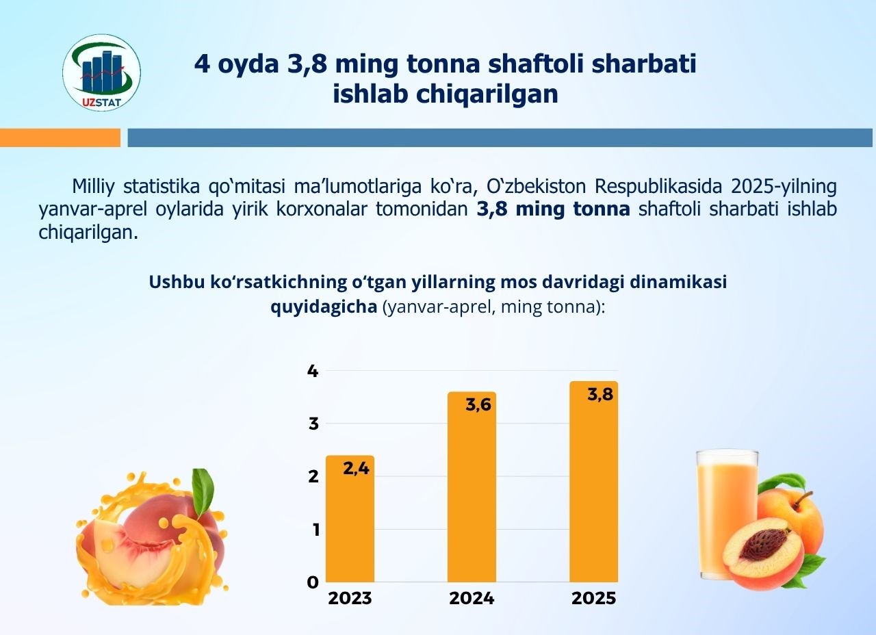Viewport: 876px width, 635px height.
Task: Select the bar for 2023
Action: (350, 527)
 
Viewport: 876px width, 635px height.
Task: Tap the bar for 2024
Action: (472, 500)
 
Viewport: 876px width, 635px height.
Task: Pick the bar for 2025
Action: (593, 493)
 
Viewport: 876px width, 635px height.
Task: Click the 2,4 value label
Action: (356, 469)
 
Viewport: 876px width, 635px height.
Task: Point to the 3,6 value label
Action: (478, 405)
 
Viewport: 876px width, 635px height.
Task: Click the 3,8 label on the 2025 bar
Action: (600, 395)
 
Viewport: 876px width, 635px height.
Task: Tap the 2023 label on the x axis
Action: (350, 598)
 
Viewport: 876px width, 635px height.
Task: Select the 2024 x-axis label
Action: (472, 598)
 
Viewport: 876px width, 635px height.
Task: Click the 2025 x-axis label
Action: (593, 598)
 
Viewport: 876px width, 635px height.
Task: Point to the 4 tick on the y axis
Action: (313, 371)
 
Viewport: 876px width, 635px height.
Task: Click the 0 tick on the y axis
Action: (313, 582)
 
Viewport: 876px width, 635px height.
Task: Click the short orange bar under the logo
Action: (60, 138)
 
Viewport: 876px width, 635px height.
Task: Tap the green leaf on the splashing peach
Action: (203, 491)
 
